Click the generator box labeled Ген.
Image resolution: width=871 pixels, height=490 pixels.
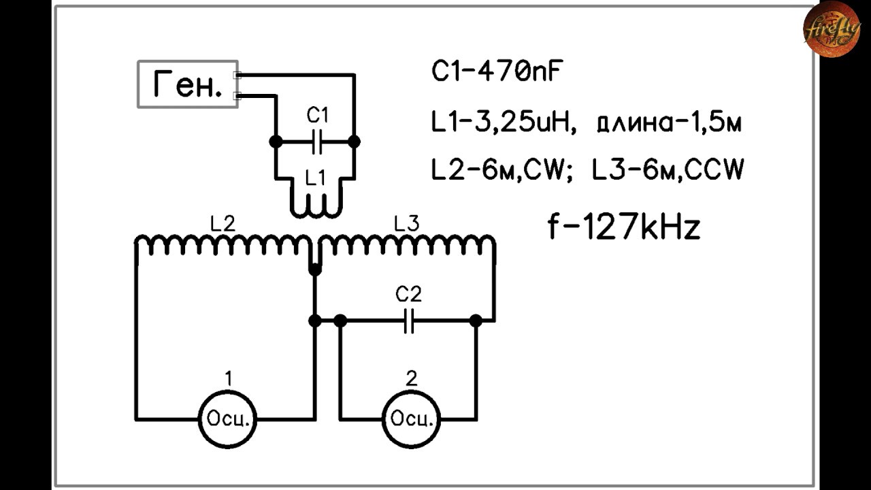188,84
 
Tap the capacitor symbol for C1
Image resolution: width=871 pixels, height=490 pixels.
317,142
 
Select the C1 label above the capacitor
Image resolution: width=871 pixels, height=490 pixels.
317,116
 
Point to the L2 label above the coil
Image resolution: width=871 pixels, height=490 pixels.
223,224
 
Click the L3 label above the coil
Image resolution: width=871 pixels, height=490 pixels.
407,224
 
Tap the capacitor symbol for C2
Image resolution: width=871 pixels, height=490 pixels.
408,321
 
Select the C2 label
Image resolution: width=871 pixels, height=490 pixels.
408,294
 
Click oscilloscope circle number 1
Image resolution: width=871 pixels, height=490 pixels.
227,419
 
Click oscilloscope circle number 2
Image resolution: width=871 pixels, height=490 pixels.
412,419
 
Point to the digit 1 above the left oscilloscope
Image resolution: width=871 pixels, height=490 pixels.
229,378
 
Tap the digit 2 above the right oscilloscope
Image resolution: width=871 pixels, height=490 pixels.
412,378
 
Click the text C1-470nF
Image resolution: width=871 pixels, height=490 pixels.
497,71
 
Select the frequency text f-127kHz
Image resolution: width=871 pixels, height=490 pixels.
624,227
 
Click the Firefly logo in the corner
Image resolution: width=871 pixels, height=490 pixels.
832,29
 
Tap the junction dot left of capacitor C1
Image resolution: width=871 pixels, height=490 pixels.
276,142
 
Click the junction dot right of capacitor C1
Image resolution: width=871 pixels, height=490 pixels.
354,142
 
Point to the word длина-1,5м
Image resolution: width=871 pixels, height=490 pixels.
669,123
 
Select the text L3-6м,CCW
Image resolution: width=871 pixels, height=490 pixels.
668,169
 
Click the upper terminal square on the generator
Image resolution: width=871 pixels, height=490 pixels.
237,75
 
